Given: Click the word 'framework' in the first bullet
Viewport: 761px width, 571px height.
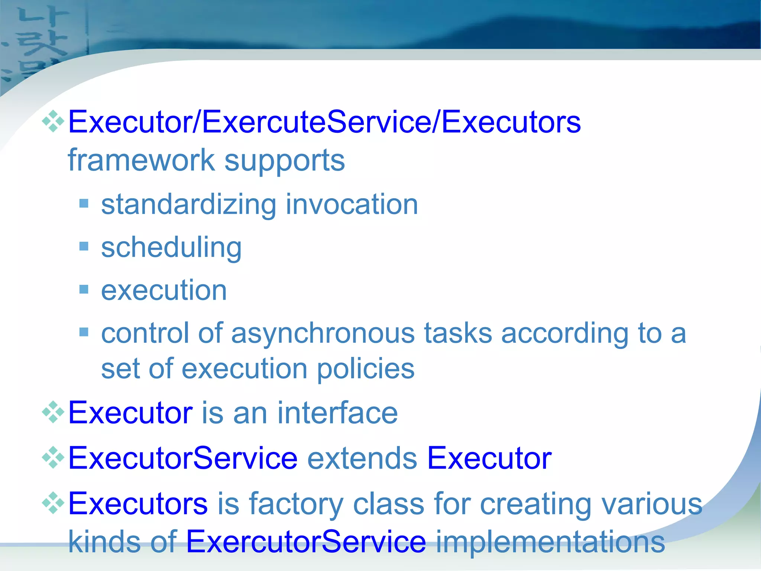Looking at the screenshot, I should pyautogui.click(x=141, y=161).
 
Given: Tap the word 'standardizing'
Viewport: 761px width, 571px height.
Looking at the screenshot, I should pyautogui.click(x=189, y=205).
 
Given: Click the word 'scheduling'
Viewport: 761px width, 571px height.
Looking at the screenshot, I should pyautogui.click(x=171, y=248).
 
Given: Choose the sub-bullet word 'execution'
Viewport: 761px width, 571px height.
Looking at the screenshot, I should pyautogui.click(x=164, y=290).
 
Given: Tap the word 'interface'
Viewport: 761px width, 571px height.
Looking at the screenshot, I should pyautogui.click(x=337, y=413).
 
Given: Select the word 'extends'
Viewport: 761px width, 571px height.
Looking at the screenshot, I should pyautogui.click(x=362, y=458).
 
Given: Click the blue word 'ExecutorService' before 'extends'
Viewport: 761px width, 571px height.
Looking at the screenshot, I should pyautogui.click(x=183, y=458).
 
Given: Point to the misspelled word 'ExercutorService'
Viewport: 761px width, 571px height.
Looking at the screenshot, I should pyautogui.click(x=306, y=542).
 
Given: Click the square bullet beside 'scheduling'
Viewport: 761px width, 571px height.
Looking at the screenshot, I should pyautogui.click(x=84, y=246).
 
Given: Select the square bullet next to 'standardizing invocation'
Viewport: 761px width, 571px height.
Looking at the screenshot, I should pyautogui.click(x=84, y=203).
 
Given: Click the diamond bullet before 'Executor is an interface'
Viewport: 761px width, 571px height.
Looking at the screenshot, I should pyautogui.click(x=53, y=412).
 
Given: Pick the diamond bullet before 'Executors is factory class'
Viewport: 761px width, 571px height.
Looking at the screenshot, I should pyautogui.click(x=53, y=503).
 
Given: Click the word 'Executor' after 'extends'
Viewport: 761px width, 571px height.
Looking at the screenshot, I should pyautogui.click(x=489, y=458).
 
